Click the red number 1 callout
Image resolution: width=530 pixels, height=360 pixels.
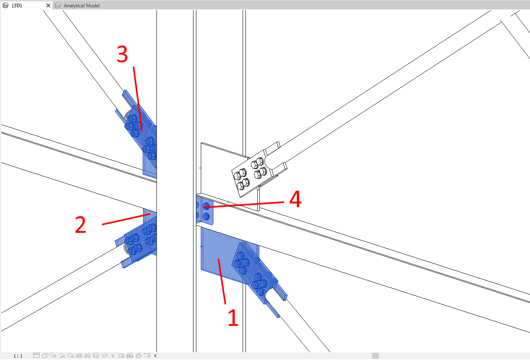click(233, 318)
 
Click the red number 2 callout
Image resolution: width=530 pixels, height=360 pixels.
click(80, 225)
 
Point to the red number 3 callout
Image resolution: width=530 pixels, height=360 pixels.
click(122, 54)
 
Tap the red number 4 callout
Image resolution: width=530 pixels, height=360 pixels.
click(295, 199)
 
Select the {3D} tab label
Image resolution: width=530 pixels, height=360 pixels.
click(17, 5)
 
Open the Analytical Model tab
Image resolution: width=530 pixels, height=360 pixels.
click(82, 5)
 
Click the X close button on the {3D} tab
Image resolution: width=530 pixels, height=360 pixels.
click(48, 5)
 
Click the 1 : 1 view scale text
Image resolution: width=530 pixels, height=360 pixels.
click(18, 356)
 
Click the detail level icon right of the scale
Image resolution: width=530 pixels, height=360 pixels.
click(37, 355)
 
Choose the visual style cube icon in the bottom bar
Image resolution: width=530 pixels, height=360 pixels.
click(45, 356)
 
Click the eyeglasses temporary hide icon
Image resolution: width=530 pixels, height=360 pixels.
click(104, 356)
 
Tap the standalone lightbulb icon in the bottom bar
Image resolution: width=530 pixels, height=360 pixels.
click(113, 356)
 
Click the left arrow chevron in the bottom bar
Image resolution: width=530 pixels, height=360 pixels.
click(155, 356)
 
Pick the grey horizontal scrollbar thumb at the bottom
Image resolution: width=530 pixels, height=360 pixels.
click(375, 356)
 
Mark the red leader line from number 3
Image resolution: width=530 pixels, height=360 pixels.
click(138, 99)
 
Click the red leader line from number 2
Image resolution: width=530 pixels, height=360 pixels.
click(126, 219)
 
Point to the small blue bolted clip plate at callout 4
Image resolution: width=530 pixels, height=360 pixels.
click(205, 211)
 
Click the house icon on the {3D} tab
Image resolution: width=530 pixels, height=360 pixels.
click(5, 5)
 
